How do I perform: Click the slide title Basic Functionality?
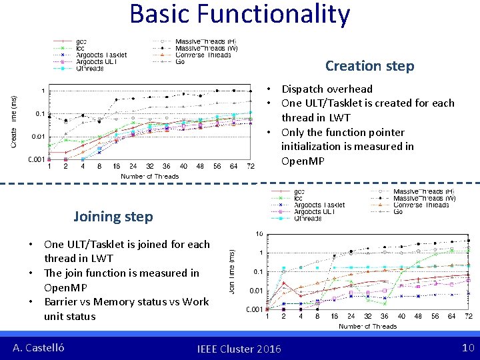[x=239, y=15]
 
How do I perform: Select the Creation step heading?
[x=369, y=66]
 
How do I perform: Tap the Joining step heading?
[x=113, y=217]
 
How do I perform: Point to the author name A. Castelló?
[x=39, y=348]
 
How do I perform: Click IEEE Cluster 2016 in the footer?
[x=239, y=349]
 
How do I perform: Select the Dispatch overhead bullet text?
[x=327, y=89]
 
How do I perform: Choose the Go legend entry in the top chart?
[x=180, y=61]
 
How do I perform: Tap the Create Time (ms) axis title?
[x=14, y=121]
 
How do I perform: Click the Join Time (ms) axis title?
[x=231, y=271]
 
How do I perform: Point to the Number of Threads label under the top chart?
[x=149, y=176]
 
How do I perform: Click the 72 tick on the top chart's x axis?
[x=251, y=166]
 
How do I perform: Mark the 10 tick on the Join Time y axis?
[x=259, y=234]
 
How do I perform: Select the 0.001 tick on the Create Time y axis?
[x=37, y=159]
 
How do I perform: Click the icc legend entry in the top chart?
[x=80, y=48]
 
